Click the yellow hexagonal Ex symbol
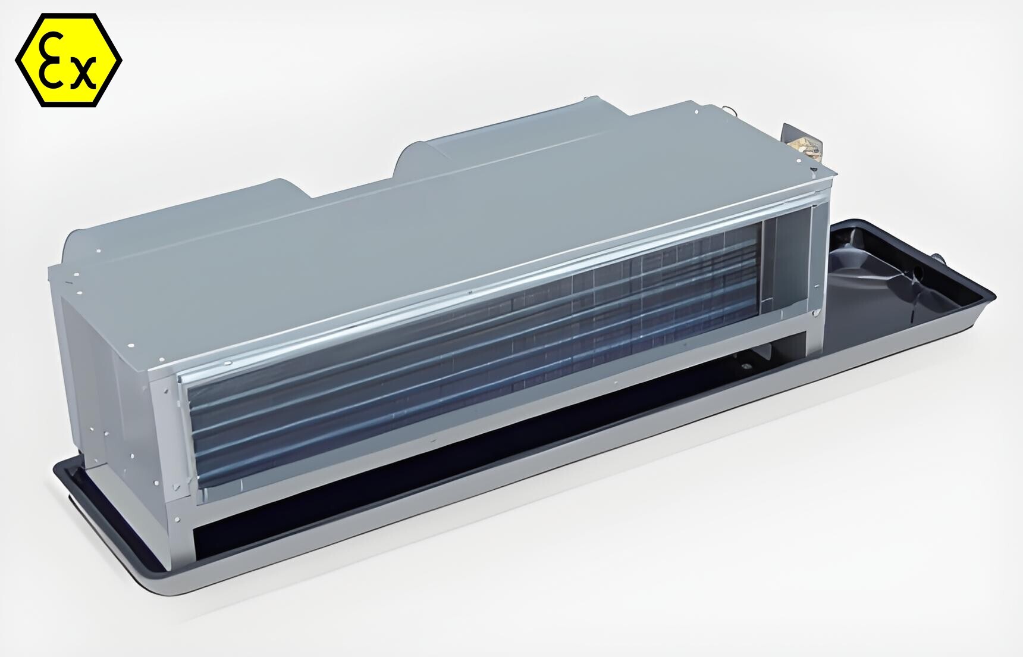(x=68, y=60)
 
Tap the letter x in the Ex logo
(x=82, y=73)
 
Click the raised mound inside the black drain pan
(x=856, y=262)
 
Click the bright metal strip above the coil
(x=476, y=292)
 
